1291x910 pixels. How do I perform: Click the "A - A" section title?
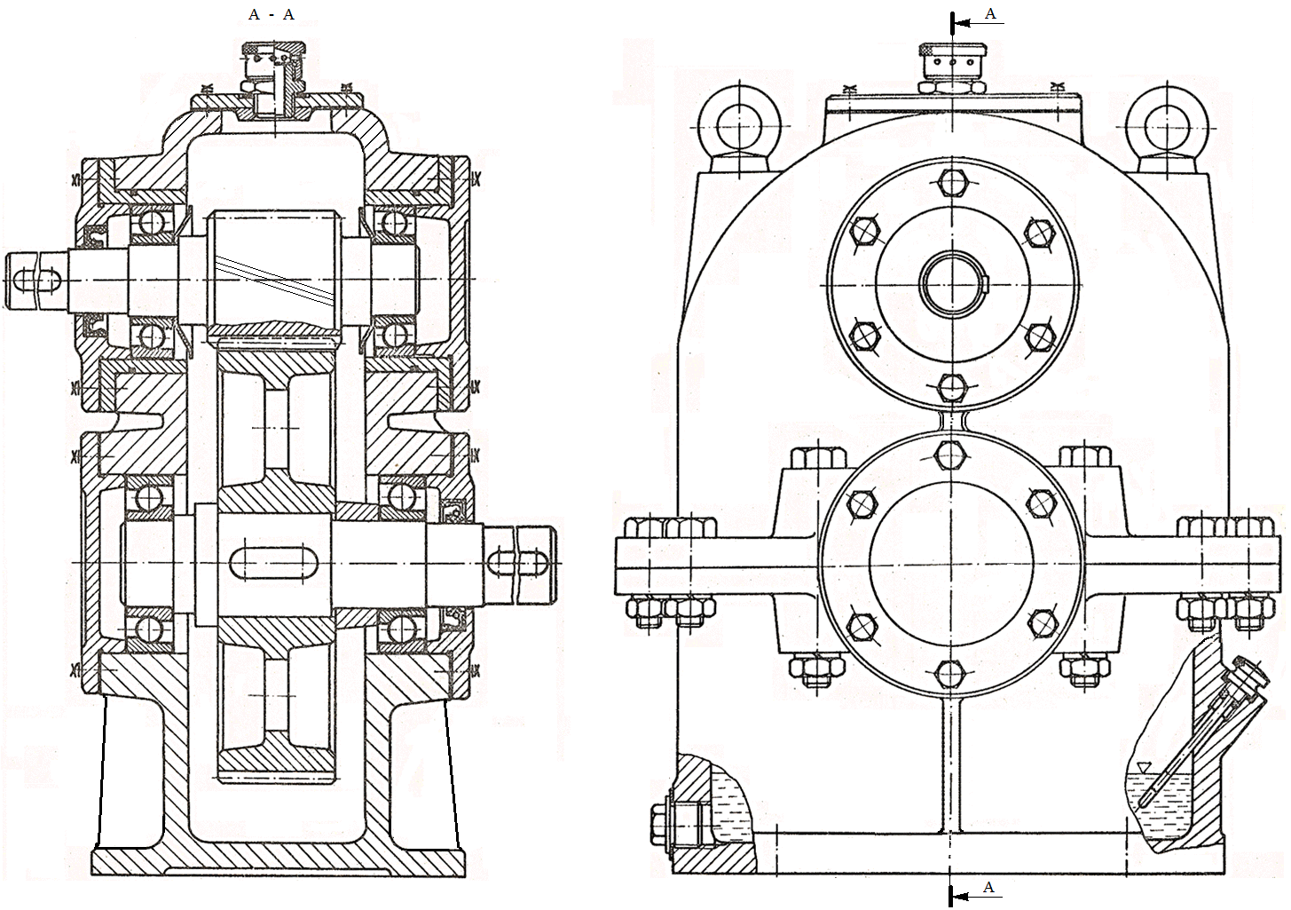coord(273,15)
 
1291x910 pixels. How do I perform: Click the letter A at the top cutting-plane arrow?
coord(991,13)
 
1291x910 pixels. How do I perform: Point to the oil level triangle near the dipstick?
coord(1143,765)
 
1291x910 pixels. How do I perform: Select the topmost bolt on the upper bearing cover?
coord(952,183)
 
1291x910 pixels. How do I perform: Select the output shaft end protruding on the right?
coord(523,560)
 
